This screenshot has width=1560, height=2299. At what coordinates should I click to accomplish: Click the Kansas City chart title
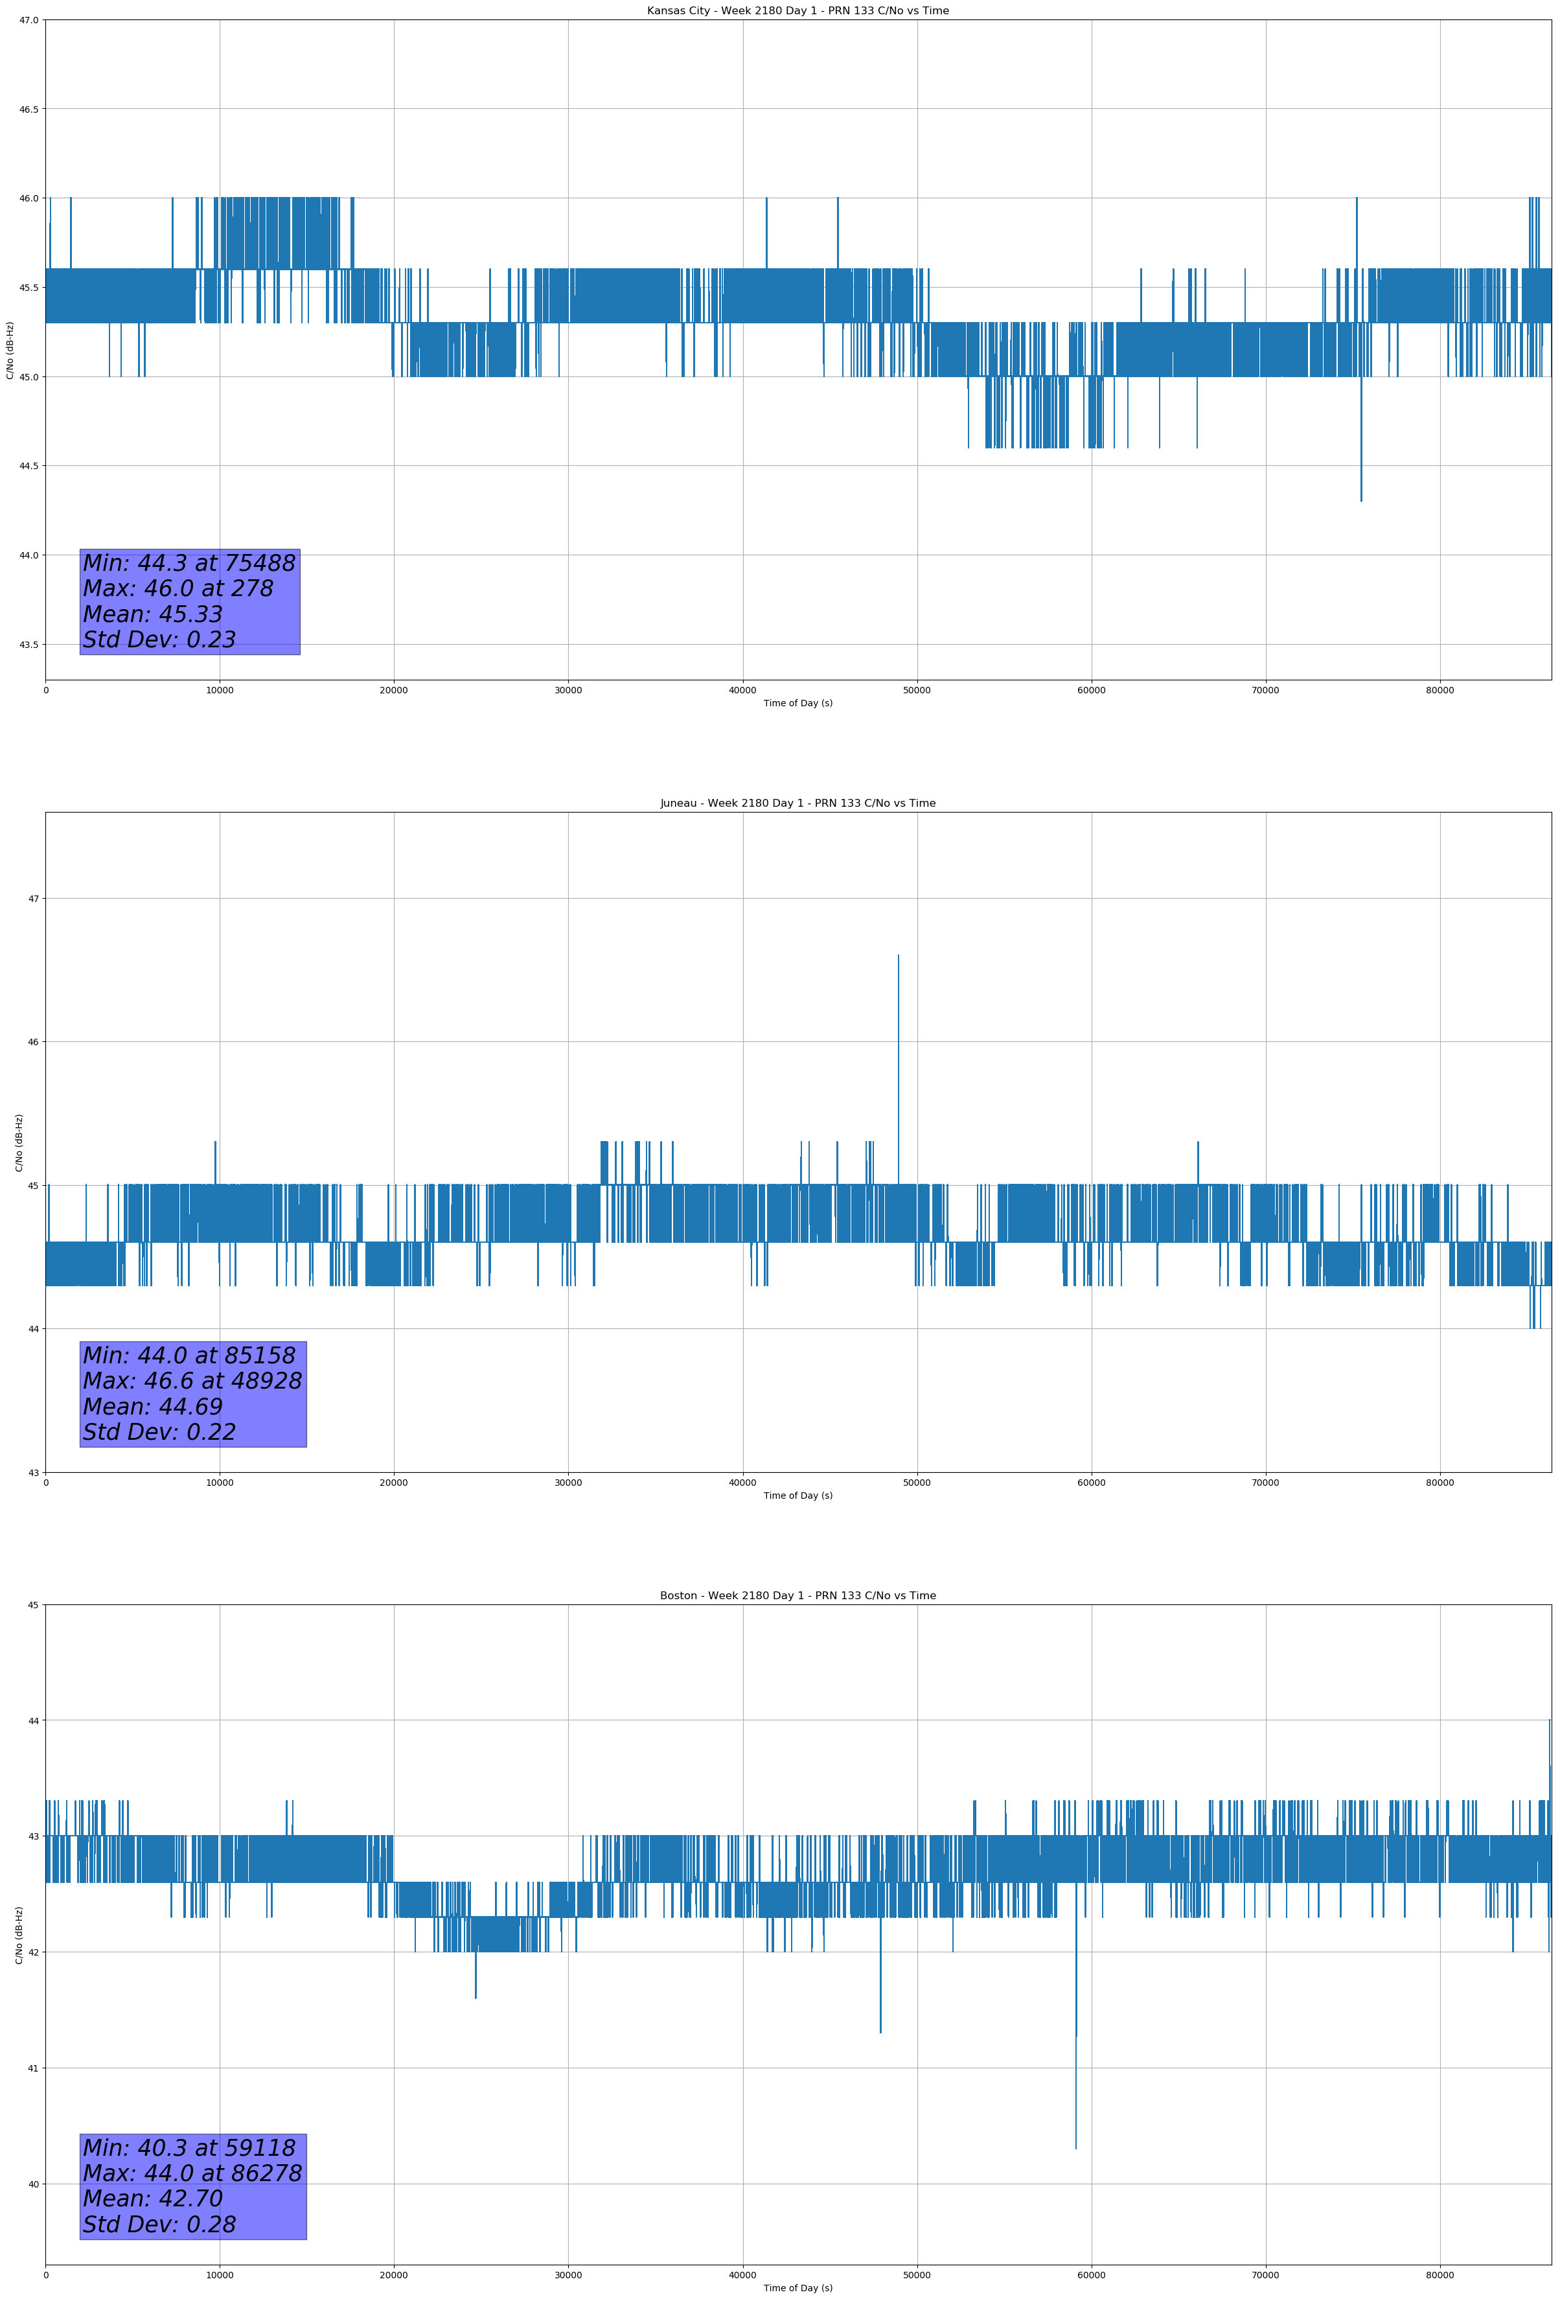pyautogui.click(x=797, y=11)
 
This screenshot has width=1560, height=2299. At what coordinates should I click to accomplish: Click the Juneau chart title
pyautogui.click(x=797, y=803)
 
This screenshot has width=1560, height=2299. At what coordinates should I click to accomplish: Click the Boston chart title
pyautogui.click(x=797, y=1596)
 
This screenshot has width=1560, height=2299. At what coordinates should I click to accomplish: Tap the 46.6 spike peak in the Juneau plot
pyautogui.click(x=898, y=956)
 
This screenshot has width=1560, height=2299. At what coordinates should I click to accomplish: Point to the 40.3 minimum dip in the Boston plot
pyautogui.click(x=1075, y=2147)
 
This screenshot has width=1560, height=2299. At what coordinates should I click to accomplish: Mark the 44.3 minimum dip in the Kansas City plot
pyautogui.click(x=1360, y=500)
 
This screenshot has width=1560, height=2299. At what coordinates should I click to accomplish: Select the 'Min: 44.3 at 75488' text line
pyautogui.click(x=189, y=563)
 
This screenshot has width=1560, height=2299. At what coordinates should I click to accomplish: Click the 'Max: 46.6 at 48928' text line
pyautogui.click(x=192, y=1381)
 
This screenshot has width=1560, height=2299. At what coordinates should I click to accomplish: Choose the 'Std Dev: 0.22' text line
pyautogui.click(x=159, y=1433)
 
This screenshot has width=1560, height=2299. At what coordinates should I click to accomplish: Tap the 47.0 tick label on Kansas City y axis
pyautogui.click(x=29, y=20)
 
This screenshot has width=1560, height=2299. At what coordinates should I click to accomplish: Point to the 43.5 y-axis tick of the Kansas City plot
pyautogui.click(x=29, y=644)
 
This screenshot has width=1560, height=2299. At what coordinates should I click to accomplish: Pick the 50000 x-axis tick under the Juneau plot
pyautogui.click(x=916, y=1483)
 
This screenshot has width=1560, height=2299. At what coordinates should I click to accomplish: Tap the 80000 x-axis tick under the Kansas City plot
pyautogui.click(x=1440, y=691)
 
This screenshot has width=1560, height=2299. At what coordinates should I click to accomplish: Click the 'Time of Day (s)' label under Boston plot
pyautogui.click(x=797, y=2288)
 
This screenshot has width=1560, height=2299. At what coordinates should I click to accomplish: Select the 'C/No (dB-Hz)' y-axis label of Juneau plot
pyautogui.click(x=19, y=1142)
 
